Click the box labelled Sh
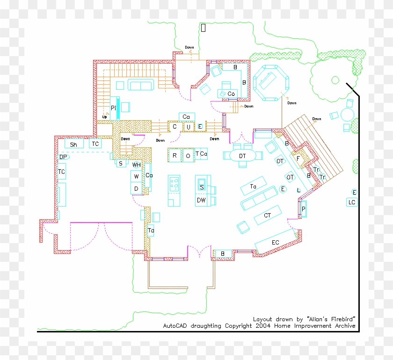(74, 144)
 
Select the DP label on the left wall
(63, 157)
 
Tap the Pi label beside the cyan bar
(113, 108)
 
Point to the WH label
(136, 165)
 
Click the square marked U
(188, 127)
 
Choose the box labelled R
(175, 155)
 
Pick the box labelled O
(188, 155)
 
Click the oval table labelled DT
(242, 156)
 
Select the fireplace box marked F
(298, 158)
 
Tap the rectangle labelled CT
(268, 216)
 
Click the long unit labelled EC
(276, 242)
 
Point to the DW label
(201, 200)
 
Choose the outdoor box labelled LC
(352, 202)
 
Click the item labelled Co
(231, 94)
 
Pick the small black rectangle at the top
(204, 28)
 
